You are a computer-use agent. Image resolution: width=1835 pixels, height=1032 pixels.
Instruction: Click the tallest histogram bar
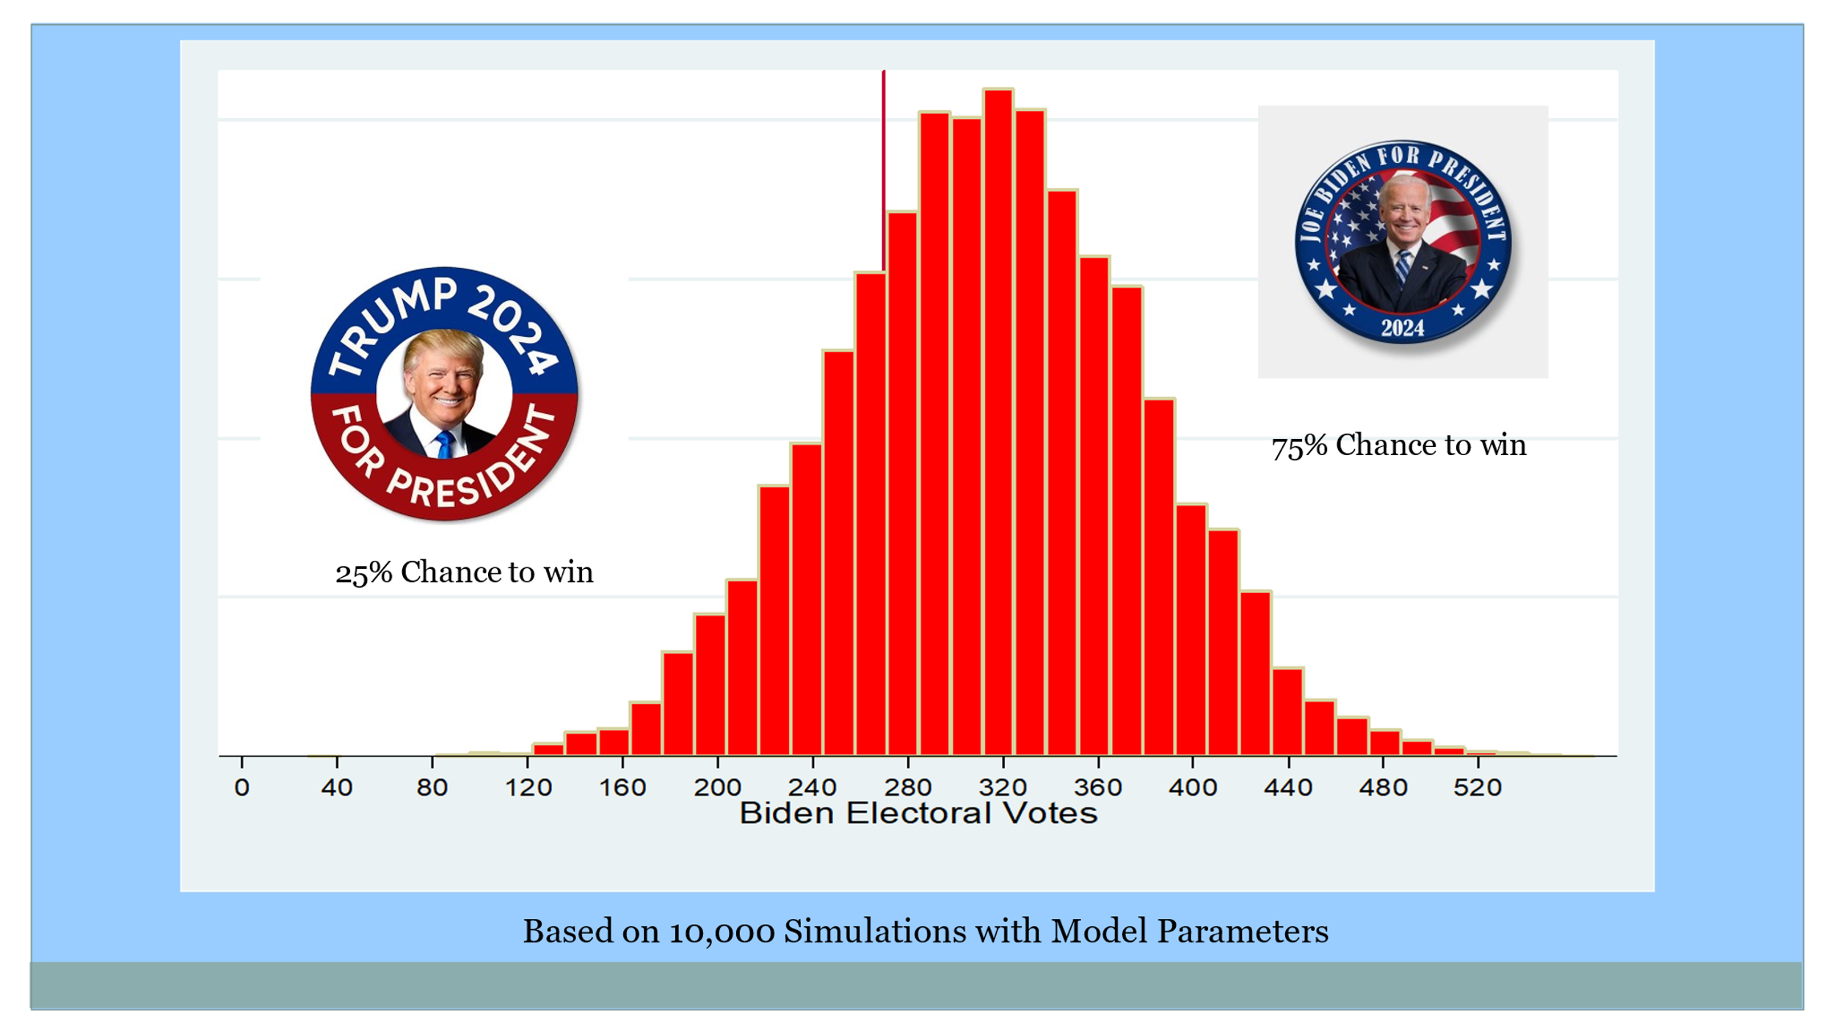[998, 422]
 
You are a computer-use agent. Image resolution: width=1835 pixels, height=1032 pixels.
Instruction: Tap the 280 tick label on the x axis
[908, 788]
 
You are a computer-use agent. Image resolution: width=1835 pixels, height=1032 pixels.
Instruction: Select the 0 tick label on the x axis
[241, 788]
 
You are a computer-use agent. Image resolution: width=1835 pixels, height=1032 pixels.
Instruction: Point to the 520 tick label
[1478, 788]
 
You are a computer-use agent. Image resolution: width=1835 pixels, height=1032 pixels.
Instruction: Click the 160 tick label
[622, 788]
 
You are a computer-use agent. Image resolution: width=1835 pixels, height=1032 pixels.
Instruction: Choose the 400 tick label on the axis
[1193, 788]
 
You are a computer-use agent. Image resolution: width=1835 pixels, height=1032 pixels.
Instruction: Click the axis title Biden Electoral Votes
[917, 813]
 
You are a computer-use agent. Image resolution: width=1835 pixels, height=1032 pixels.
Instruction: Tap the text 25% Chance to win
[464, 573]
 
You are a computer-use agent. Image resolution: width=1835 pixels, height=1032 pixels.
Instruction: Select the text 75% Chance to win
[1398, 446]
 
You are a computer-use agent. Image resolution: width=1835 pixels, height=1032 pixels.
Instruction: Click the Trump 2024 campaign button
[444, 394]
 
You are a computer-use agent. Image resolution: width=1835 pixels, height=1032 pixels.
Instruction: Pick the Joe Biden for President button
[1403, 242]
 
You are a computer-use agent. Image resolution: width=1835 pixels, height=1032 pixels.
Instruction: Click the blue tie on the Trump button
[444, 445]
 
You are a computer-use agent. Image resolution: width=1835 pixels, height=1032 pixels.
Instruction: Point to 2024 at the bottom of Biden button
[1402, 327]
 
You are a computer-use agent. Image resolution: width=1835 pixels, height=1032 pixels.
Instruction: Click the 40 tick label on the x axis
[337, 788]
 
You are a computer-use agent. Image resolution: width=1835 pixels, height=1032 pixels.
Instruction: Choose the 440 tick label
[1288, 788]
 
